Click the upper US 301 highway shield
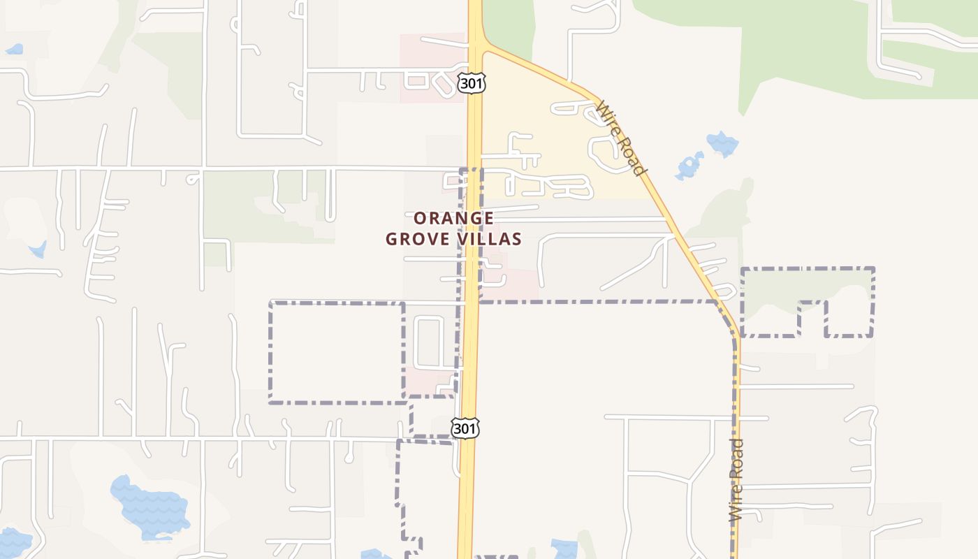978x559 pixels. coord(471,83)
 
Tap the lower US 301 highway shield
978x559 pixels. coord(465,428)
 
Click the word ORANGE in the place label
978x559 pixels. coord(453,218)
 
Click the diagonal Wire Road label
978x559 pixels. coord(621,138)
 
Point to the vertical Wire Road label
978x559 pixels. coord(736,479)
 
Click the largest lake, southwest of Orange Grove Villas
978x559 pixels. coord(150,504)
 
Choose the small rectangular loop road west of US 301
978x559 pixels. coord(428,342)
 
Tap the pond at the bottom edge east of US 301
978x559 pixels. coord(564,549)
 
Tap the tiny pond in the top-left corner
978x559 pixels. coord(14,49)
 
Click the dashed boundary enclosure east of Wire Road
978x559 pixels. coord(807,300)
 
